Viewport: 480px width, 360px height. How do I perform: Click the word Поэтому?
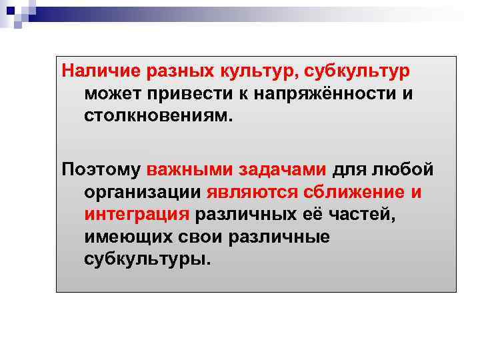pos(101,170)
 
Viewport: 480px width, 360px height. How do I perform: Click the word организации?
pos(143,193)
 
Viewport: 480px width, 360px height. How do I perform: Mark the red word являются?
pos(253,193)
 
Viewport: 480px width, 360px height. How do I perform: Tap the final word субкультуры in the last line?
pos(147,260)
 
